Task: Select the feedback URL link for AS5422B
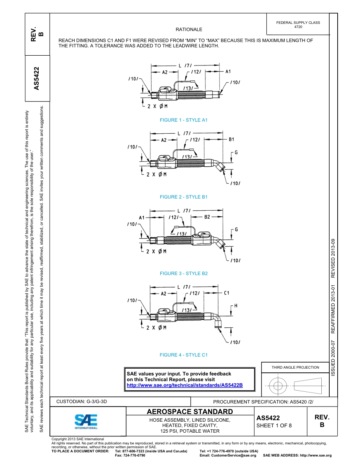coord(185,385)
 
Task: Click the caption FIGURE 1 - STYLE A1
coord(184,120)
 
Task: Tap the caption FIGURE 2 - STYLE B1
coord(184,197)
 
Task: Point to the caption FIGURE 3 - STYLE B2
coord(184,274)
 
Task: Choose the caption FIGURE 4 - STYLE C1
coord(184,355)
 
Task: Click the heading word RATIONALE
coord(189,30)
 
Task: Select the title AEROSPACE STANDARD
coord(189,412)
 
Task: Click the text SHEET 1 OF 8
coord(274,425)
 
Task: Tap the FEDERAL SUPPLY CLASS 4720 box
coord(298,25)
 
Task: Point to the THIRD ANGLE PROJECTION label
coord(295,367)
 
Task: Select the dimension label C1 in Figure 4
coord(227,293)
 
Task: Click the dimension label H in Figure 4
coord(235,306)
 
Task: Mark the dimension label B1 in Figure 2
coord(232,139)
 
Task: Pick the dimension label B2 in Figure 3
coord(207,217)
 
